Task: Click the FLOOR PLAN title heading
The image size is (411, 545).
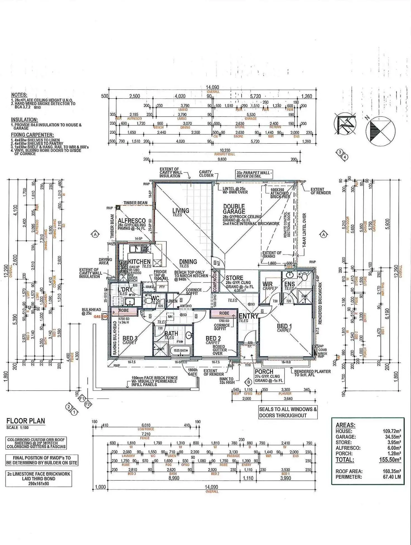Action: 26,421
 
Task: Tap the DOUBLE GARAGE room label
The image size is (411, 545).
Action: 234,209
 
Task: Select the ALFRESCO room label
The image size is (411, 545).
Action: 132,221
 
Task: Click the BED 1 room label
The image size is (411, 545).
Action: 284,326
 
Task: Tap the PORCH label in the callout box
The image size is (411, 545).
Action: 264,372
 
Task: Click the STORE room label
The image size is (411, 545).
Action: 234,278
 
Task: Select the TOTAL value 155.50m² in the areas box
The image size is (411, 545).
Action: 390,460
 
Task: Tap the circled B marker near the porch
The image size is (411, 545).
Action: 248,382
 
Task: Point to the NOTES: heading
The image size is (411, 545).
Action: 19,95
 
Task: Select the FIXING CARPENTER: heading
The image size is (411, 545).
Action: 32,135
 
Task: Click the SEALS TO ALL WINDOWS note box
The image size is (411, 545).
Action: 288,412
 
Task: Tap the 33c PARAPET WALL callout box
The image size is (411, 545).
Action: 254,174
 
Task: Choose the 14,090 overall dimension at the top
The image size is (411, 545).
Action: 212,87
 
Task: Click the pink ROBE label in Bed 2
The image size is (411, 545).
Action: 224,313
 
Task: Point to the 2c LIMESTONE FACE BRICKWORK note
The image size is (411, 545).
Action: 39,478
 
